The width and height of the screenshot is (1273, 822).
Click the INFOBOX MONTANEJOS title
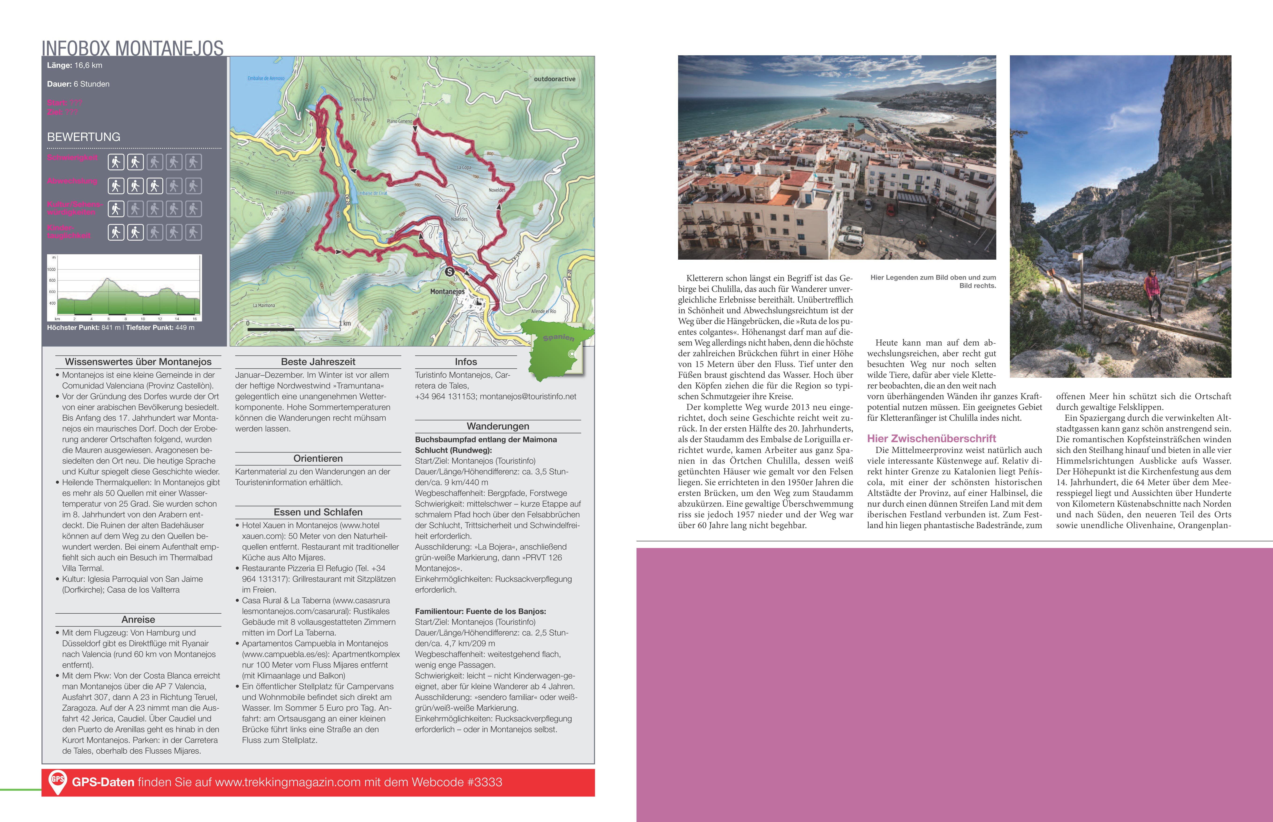[x=132, y=48]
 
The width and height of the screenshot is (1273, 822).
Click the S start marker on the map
[x=449, y=272]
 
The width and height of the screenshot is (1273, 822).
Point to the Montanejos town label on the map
[x=447, y=291]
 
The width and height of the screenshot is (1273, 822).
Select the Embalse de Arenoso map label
[x=266, y=78]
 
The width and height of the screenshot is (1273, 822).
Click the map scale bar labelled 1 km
[x=294, y=329]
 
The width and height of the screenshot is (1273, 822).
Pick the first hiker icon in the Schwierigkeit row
[x=116, y=162]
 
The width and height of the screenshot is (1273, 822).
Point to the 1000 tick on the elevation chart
[x=52, y=269]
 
